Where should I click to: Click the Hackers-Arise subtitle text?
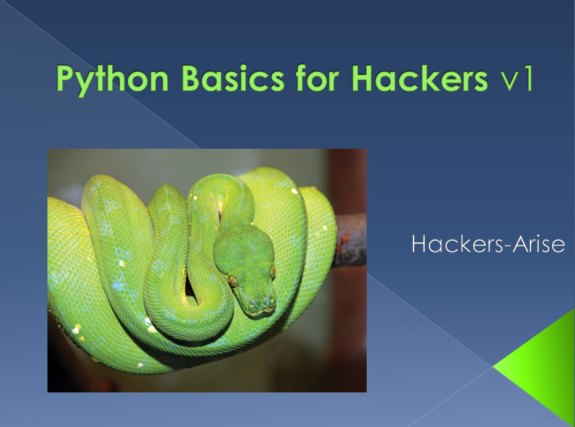(x=487, y=244)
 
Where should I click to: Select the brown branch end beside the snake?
(x=349, y=241)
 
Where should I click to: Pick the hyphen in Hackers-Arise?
(x=499, y=246)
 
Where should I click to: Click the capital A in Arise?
(x=513, y=244)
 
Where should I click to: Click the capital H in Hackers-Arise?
(x=419, y=244)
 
